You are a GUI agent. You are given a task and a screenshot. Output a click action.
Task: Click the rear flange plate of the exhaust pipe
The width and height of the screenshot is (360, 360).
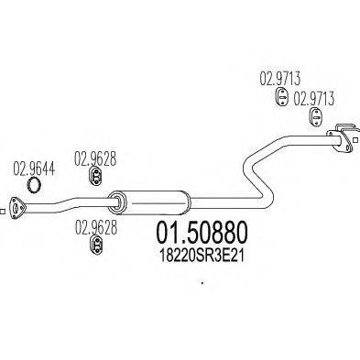pos(344,139)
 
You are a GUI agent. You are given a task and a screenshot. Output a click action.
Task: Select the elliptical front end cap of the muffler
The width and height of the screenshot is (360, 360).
pos(115,199)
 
